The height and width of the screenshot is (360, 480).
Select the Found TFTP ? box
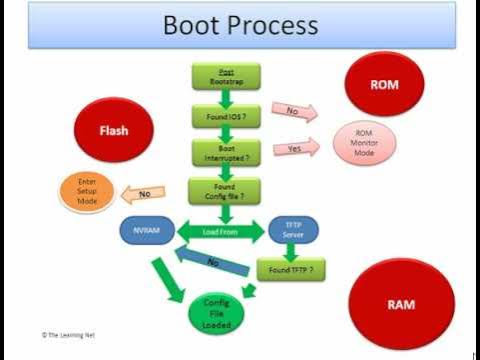tap(291, 269)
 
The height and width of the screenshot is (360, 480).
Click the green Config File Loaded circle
tap(217, 311)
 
